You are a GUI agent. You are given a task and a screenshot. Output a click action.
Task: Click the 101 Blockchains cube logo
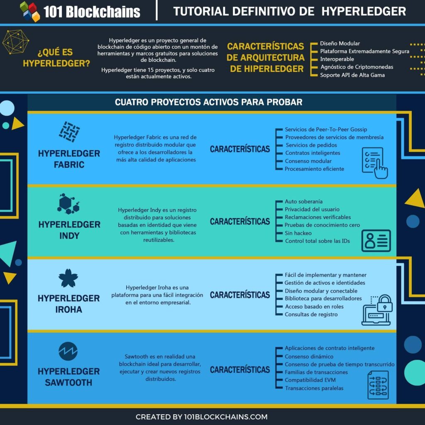[30, 11]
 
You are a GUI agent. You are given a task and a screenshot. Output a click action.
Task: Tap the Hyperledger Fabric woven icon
[69, 132]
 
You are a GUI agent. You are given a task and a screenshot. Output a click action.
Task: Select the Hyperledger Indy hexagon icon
[68, 203]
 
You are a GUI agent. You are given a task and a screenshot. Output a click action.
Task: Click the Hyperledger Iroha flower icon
[68, 278]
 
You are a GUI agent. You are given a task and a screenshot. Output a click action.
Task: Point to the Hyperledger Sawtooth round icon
[68, 351]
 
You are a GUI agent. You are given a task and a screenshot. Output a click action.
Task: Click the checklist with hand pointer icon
[375, 163]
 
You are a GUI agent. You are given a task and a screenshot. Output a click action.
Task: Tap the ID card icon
[376, 240]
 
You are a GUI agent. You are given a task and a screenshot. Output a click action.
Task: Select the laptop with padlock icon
[377, 310]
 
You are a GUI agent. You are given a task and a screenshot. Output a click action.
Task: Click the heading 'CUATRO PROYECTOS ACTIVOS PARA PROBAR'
[208, 102]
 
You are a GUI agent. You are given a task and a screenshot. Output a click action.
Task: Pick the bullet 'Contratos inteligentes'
[313, 153]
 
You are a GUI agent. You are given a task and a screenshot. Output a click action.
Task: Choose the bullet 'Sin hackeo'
[298, 233]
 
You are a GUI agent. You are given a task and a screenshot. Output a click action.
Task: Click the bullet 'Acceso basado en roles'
[314, 307]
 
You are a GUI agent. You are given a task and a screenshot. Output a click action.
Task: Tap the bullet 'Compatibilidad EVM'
[310, 380]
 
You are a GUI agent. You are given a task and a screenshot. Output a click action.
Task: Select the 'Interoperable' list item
[337, 59]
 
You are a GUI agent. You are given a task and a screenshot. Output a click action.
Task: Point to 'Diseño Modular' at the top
[340, 43]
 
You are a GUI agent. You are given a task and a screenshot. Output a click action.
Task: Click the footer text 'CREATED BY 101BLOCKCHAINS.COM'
[201, 417]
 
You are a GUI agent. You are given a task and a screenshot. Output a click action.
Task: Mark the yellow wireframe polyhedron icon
[15, 42]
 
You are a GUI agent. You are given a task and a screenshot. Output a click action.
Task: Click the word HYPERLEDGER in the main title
[364, 11]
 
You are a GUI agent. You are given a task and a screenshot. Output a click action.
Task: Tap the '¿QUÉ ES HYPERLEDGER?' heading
[56, 57]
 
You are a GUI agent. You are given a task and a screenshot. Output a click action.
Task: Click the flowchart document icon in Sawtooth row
[378, 385]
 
